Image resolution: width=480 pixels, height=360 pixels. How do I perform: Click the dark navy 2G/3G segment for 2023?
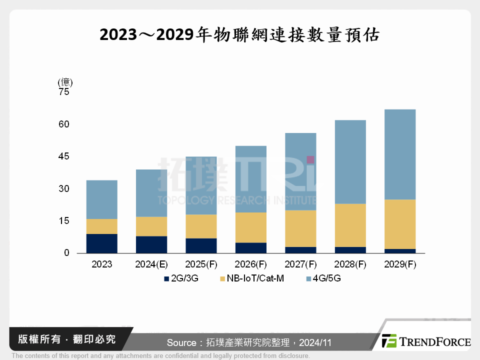click(102, 243)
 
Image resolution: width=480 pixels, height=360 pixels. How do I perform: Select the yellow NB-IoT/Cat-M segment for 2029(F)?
click(400, 224)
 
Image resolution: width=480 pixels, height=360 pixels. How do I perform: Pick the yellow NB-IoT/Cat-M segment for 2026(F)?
click(251, 227)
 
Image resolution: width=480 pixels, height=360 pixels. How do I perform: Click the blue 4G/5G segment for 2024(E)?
click(151, 193)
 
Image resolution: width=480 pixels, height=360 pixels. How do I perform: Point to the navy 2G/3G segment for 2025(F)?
click(201, 245)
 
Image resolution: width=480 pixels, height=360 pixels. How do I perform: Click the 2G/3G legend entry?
click(181, 278)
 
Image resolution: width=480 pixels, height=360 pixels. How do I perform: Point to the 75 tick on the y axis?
click(64, 92)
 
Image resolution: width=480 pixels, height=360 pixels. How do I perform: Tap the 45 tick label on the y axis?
click(64, 156)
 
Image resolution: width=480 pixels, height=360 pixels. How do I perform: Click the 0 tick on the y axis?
click(66, 253)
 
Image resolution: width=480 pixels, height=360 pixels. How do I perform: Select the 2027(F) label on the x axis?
click(301, 264)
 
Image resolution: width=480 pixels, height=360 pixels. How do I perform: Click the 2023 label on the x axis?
click(102, 264)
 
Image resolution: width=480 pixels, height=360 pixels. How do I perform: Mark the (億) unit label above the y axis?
click(65, 82)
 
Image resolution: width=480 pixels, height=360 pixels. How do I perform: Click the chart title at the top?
click(239, 35)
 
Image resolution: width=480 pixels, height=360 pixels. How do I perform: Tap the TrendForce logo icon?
click(389, 340)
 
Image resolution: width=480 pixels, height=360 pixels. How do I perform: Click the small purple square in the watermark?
click(310, 159)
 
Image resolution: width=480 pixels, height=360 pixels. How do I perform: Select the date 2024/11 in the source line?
click(315, 343)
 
